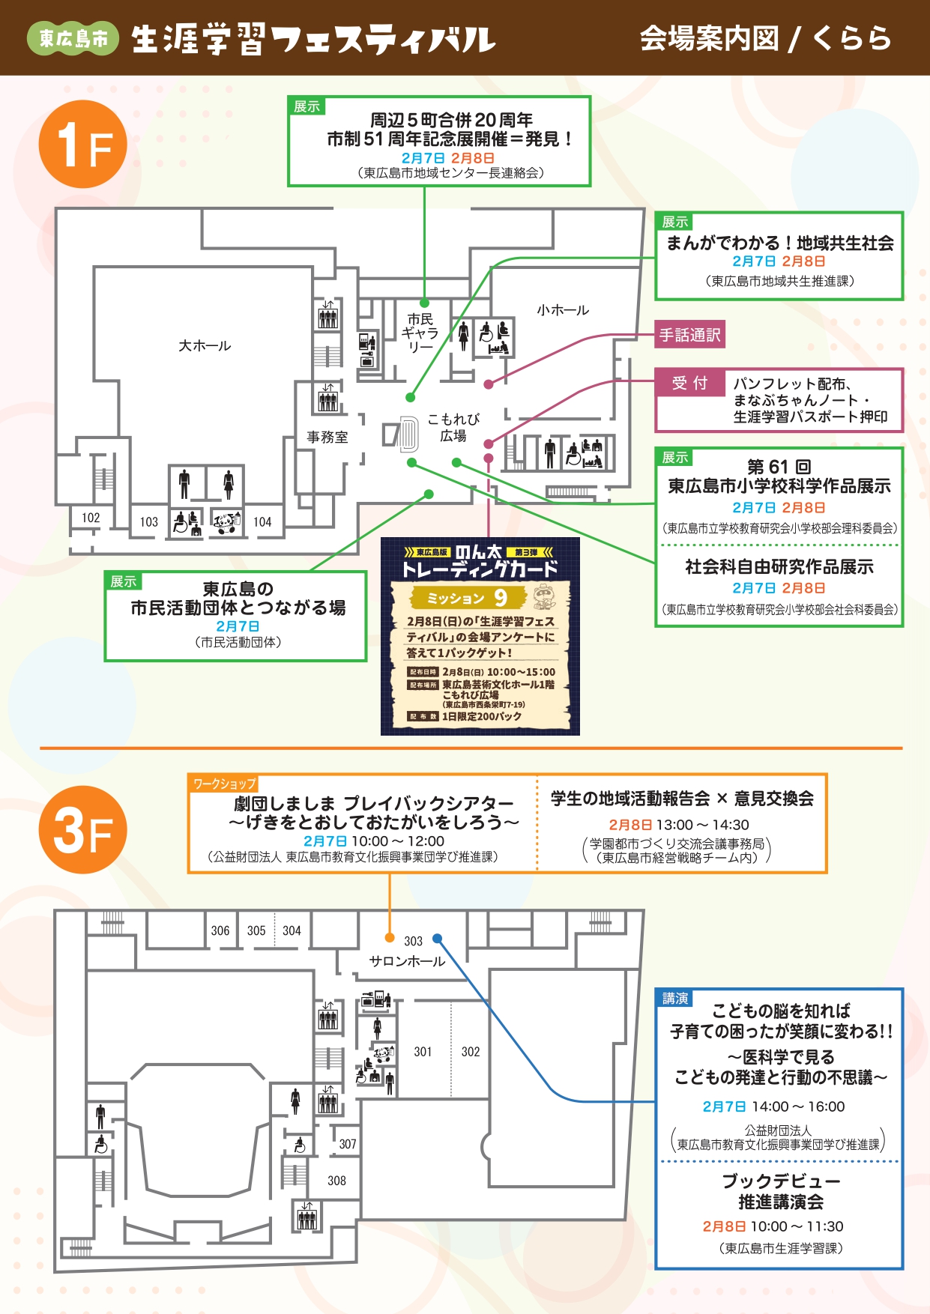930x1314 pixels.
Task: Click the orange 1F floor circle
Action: pyautogui.click(x=82, y=144)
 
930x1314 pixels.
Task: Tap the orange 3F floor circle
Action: pyautogui.click(x=82, y=829)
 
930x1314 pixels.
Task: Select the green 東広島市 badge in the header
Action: pyautogui.click(x=73, y=38)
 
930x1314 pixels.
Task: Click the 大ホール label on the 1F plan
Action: pyautogui.click(x=205, y=345)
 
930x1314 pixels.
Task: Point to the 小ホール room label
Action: pyautogui.click(x=563, y=309)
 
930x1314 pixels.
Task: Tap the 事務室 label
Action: pyautogui.click(x=327, y=437)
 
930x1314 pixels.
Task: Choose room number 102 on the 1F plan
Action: pyautogui.click(x=91, y=518)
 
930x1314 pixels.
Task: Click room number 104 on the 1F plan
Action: pyautogui.click(x=262, y=522)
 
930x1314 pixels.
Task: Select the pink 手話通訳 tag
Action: pyautogui.click(x=689, y=335)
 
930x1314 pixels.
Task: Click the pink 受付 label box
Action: pyautogui.click(x=689, y=383)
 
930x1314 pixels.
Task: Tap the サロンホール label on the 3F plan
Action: pyautogui.click(x=407, y=961)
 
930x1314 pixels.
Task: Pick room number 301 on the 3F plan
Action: pyautogui.click(x=423, y=1052)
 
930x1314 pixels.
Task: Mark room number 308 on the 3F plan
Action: pyautogui.click(x=336, y=1181)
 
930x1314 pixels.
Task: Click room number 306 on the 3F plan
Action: pyautogui.click(x=220, y=930)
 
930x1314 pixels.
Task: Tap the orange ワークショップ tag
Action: pyautogui.click(x=224, y=784)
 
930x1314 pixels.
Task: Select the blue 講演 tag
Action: pyautogui.click(x=674, y=999)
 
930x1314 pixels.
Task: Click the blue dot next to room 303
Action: pyautogui.click(x=438, y=938)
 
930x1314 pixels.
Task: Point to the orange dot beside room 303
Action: pyautogui.click(x=390, y=938)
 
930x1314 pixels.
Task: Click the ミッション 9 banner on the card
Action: pyautogui.click(x=468, y=598)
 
